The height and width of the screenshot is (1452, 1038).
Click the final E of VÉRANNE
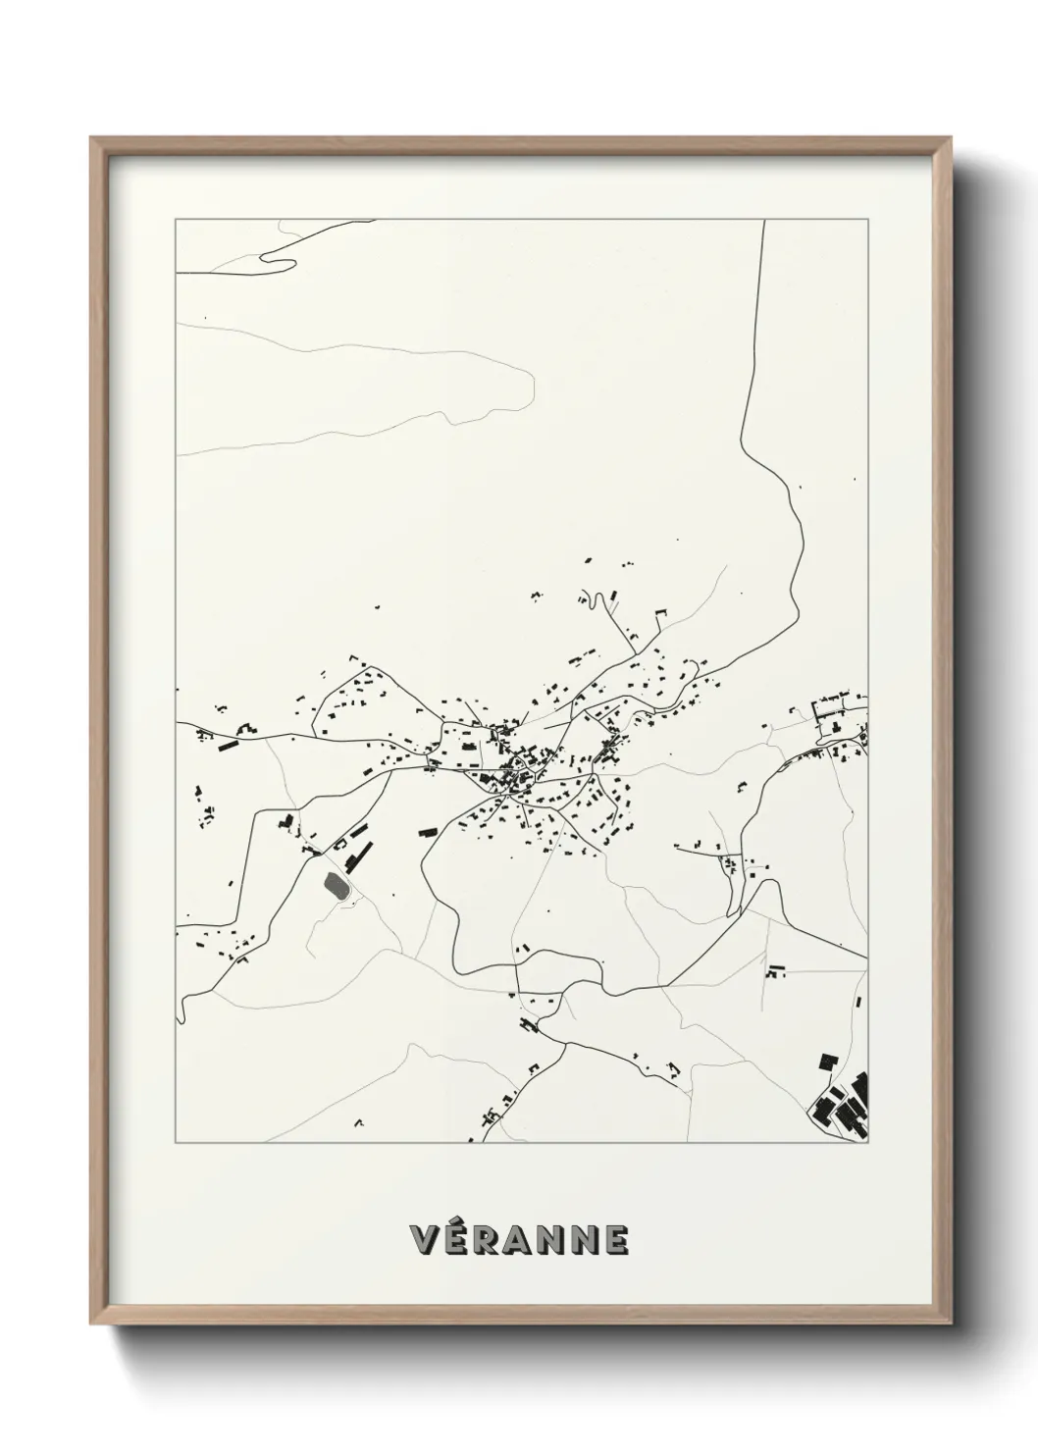pyautogui.click(x=615, y=1239)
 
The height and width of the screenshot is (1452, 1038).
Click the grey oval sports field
pyautogui.click(x=336, y=885)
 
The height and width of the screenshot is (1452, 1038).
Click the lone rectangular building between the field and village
pyautogui.click(x=427, y=832)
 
